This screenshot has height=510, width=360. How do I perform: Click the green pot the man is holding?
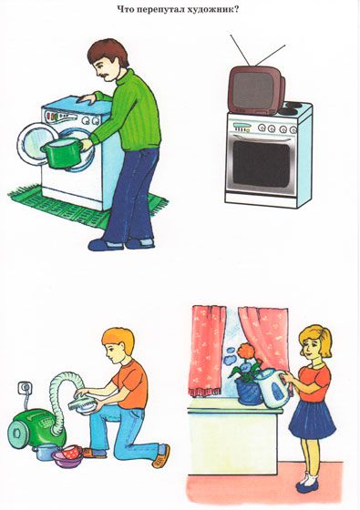click(61, 153)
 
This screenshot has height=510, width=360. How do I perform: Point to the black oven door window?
click(261, 164)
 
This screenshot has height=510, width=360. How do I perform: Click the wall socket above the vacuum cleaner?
click(25, 388)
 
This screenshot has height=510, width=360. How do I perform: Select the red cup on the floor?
click(72, 452)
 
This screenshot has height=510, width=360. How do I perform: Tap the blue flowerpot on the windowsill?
click(249, 392)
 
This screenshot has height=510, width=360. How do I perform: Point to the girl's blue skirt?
click(312, 420)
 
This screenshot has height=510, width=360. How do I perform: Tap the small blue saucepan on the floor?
click(46, 452)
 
